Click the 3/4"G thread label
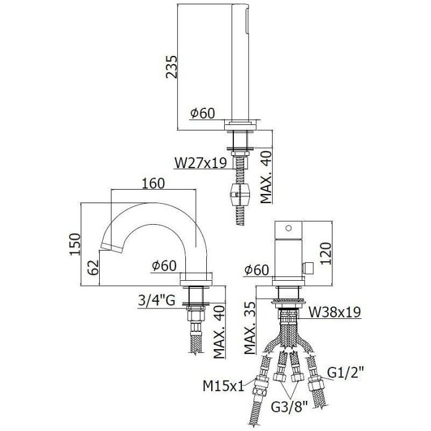click(x=158, y=301)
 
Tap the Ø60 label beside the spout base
click(x=164, y=266)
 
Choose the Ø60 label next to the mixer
click(x=256, y=269)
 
